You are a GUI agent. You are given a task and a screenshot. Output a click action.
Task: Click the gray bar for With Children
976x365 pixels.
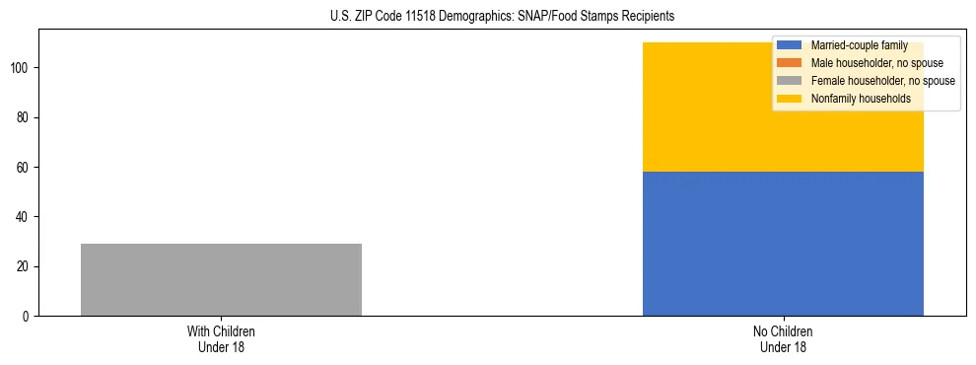[221, 279]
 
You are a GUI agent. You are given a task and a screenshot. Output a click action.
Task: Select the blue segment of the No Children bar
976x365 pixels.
[783, 244]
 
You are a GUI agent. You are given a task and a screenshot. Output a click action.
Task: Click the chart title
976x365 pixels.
[488, 17]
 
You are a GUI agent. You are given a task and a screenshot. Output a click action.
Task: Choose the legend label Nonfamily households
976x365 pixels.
[854, 99]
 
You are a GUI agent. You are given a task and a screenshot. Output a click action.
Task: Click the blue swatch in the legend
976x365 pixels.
[790, 45]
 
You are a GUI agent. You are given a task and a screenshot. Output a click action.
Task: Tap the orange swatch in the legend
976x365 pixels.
[790, 63]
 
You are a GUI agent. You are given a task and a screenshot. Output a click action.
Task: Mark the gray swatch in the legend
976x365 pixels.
[790, 81]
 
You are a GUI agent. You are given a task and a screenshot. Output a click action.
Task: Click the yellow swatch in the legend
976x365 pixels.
[790, 99]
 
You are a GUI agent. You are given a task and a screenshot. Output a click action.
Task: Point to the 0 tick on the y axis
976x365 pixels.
[28, 316]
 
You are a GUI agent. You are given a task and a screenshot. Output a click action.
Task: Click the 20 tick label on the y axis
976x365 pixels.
[25, 266]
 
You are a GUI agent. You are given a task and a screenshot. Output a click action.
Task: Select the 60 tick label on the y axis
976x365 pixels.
[25, 167]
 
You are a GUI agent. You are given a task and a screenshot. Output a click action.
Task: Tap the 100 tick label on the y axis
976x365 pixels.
[22, 68]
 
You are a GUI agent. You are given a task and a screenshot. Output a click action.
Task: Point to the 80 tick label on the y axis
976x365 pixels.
[25, 117]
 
